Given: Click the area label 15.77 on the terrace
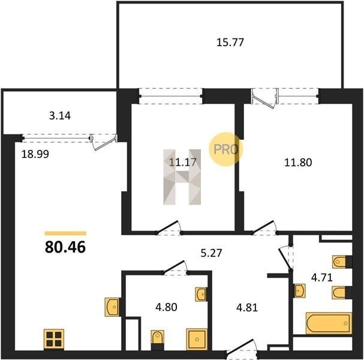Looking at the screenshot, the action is click(x=230, y=43).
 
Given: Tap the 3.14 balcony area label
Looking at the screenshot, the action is click(x=60, y=116).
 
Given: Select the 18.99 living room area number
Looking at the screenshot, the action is click(x=35, y=154).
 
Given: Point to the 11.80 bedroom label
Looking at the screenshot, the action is click(x=298, y=163).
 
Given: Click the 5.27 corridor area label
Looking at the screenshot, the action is click(x=212, y=253).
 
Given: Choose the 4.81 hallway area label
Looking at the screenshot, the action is click(x=247, y=308).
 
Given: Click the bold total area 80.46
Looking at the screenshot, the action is click(x=65, y=247).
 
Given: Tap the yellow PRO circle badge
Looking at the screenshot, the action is click(x=225, y=149).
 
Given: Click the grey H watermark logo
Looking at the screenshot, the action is click(x=182, y=177).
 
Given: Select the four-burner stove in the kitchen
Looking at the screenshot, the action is click(x=54, y=339).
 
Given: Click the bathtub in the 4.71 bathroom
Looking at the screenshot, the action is click(x=329, y=323).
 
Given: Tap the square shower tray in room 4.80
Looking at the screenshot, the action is click(x=197, y=340).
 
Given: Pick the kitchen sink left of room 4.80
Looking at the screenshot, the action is click(x=112, y=307).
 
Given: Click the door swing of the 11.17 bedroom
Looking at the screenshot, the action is click(x=169, y=227).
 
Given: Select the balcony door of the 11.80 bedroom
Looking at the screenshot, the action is click(x=264, y=98).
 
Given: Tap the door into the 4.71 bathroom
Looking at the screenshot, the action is click(x=285, y=258).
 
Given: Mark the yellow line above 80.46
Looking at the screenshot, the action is click(x=65, y=233).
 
